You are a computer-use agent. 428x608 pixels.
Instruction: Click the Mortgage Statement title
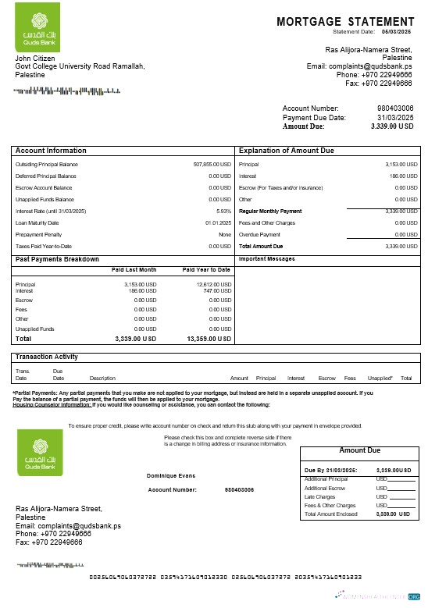click(x=345, y=22)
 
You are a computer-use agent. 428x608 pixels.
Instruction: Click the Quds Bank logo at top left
click(x=37, y=31)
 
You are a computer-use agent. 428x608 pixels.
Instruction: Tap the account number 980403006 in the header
click(x=395, y=108)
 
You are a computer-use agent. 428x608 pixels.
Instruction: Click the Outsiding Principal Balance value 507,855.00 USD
click(x=212, y=165)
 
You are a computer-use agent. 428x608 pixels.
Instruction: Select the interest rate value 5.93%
click(x=223, y=211)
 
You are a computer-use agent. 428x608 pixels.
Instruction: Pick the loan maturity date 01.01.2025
click(x=219, y=222)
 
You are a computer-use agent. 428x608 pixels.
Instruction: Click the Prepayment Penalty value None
click(x=225, y=234)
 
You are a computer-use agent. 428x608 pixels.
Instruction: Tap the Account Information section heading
click(x=52, y=151)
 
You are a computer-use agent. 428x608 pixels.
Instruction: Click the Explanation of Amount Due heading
click(x=286, y=151)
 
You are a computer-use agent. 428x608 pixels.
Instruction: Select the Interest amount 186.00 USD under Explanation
click(x=401, y=176)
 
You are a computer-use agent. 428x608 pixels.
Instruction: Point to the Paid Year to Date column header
click(x=206, y=270)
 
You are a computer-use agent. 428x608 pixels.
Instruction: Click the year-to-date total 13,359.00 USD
click(x=209, y=340)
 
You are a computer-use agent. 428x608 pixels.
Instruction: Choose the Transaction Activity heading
click(x=47, y=357)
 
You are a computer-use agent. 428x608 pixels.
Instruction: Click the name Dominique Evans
click(x=170, y=475)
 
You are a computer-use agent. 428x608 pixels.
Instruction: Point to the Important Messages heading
click(x=266, y=258)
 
